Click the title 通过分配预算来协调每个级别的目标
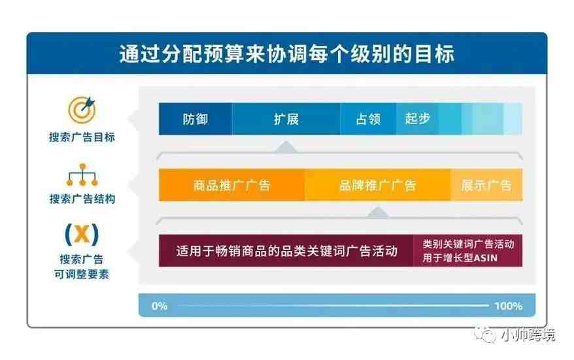tap(286, 54)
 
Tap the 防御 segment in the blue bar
tap(195, 119)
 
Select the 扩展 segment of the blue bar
tap(286, 119)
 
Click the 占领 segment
tap(368, 119)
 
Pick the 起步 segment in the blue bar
tap(417, 119)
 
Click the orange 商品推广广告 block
tap(231, 185)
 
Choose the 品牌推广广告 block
tap(377, 185)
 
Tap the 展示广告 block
tap(486, 185)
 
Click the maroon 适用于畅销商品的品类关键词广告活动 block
tap(286, 251)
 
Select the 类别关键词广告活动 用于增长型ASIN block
tap(468, 251)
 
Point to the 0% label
tap(160, 306)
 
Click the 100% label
tap(509, 306)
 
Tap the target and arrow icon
tap(82, 109)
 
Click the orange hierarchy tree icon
tap(82, 175)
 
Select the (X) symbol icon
tap(82, 234)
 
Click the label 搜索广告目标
tap(82, 137)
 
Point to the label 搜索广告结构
tap(82, 199)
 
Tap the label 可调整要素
tap(82, 274)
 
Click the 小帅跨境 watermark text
tap(528, 335)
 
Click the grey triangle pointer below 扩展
tap(286, 147)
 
